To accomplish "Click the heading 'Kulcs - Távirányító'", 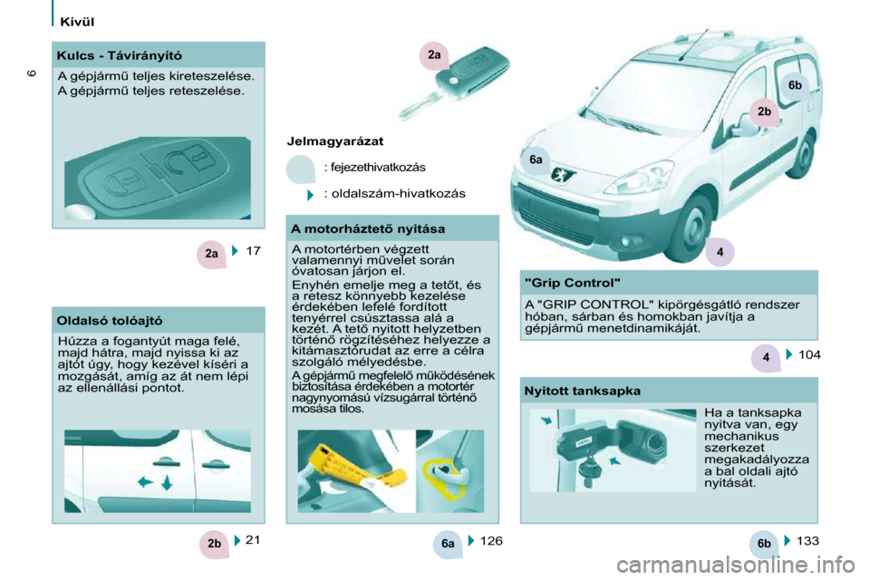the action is pos(120,55).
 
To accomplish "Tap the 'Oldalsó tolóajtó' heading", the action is pos(110,321).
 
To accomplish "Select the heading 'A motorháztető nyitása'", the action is pos(368,228).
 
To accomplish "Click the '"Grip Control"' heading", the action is pos(573,283).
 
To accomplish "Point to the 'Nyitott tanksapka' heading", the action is pos(582,391).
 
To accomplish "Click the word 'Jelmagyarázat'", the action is pos(334,141).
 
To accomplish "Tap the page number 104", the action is pos(809,354).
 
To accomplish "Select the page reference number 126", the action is pos(491,541).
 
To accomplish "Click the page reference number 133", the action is pos(807,541).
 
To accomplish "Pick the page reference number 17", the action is pos(253,251).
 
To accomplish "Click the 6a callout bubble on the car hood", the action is pos(536,160).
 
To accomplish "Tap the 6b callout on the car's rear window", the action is pos(795,85).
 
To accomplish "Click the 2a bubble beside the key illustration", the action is pos(434,55).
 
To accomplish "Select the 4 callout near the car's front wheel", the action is pos(720,252).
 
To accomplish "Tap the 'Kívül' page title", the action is pos(77,22).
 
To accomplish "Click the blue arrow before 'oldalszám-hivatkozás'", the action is pos(311,194).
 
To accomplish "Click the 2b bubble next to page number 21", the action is pos(214,544).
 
